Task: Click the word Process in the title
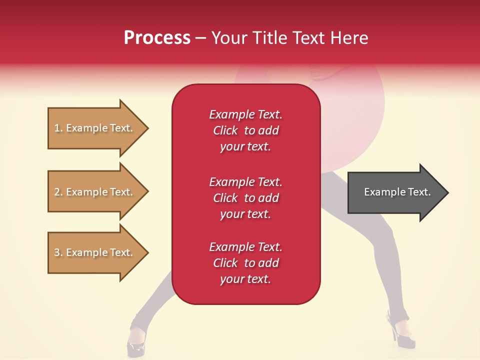(x=157, y=38)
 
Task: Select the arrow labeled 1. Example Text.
(x=95, y=128)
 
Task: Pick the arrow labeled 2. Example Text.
(x=95, y=192)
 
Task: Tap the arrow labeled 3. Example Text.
(x=95, y=252)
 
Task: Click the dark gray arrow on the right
(x=395, y=192)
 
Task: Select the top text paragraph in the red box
(x=245, y=130)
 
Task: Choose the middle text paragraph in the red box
(x=245, y=198)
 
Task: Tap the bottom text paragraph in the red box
(x=245, y=263)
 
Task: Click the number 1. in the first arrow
(x=58, y=128)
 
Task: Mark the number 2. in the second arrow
(x=58, y=192)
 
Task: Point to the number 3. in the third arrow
(x=58, y=252)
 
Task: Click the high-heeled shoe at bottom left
(x=136, y=342)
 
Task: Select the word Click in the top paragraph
(x=225, y=130)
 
